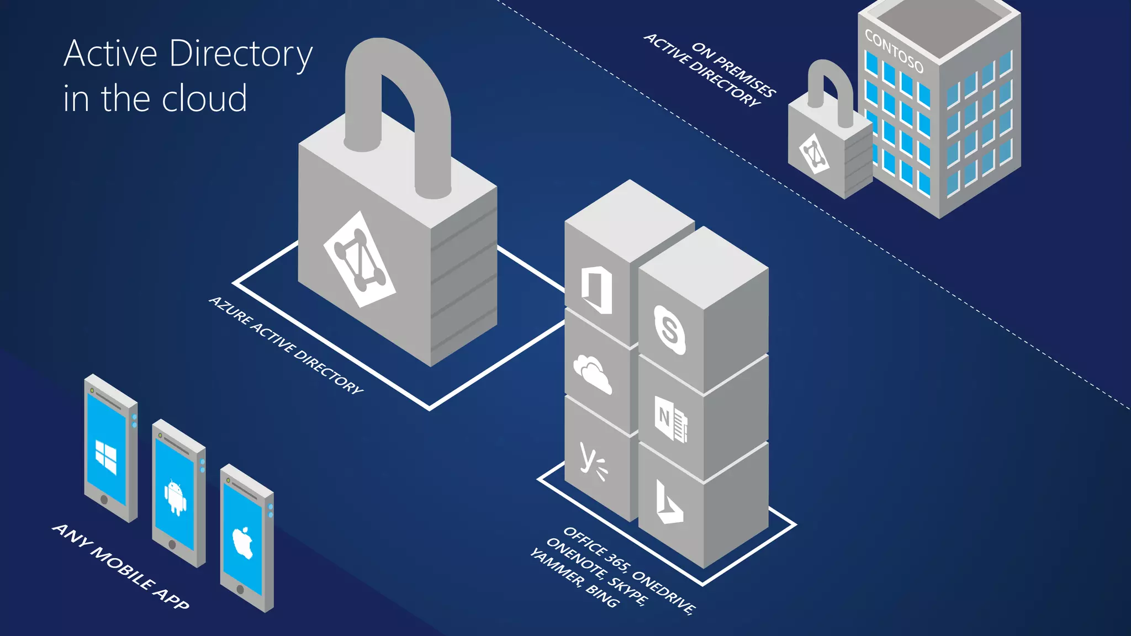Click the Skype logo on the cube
click(669, 330)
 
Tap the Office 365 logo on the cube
click(596, 290)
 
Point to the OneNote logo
click(670, 418)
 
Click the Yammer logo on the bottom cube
click(593, 461)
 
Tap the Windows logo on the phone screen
click(106, 457)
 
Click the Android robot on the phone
click(175, 497)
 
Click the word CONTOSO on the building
click(894, 51)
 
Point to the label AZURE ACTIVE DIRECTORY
click(286, 345)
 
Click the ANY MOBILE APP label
click(121, 567)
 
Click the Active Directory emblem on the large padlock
click(360, 259)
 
